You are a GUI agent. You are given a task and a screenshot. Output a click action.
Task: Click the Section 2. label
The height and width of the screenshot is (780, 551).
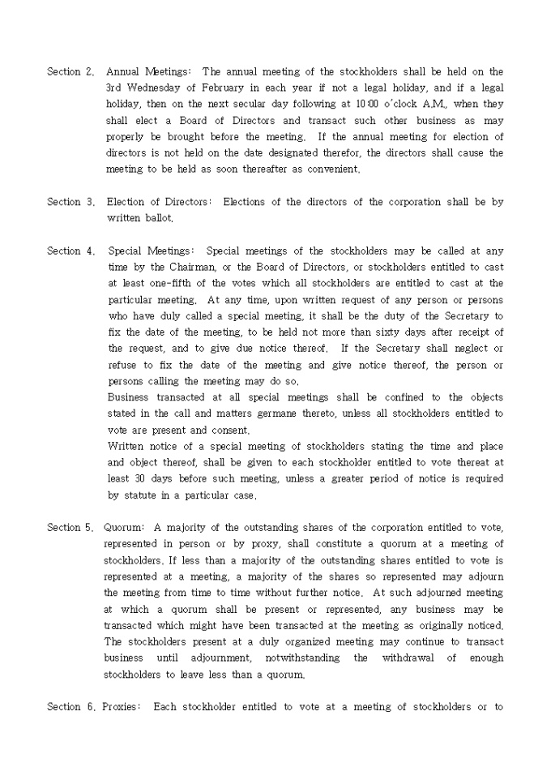click(x=70, y=72)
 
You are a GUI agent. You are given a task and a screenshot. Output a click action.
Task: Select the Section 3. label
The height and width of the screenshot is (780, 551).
click(x=70, y=202)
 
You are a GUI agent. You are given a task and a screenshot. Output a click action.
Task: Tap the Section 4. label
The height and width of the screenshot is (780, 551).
click(x=70, y=251)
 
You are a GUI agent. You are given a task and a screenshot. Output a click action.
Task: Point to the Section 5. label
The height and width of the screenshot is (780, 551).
click(x=70, y=528)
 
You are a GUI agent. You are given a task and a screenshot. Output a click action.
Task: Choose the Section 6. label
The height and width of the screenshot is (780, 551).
click(x=70, y=707)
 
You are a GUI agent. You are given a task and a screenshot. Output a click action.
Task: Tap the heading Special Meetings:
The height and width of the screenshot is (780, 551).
click(x=152, y=251)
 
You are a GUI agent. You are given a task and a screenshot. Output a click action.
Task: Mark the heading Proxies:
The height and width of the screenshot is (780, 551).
click(x=122, y=707)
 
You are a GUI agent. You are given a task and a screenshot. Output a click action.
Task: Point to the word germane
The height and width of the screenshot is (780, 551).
click(x=277, y=414)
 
